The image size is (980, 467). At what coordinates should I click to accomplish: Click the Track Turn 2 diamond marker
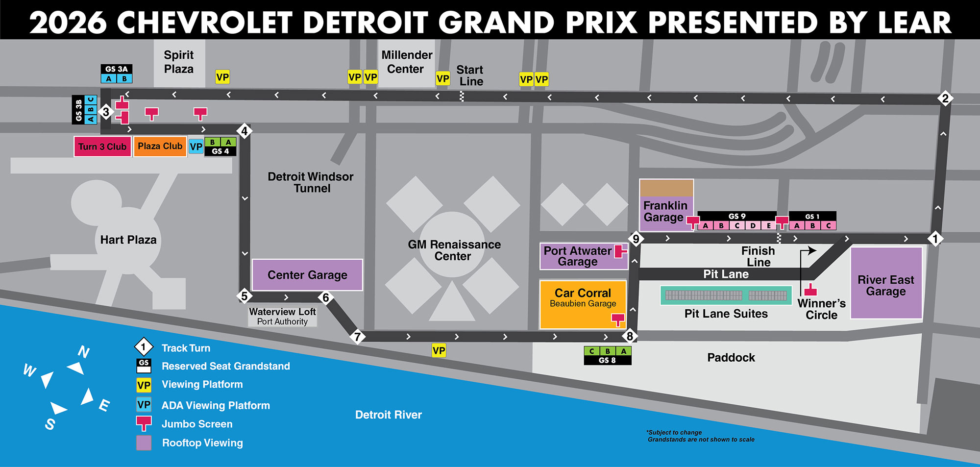click(945, 98)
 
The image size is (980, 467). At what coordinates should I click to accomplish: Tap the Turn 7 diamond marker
click(358, 337)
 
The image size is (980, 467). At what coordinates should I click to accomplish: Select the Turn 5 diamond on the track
click(244, 296)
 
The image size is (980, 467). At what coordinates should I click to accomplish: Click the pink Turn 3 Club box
click(102, 147)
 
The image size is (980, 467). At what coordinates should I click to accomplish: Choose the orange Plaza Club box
click(160, 146)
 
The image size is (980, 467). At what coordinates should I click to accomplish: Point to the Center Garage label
click(307, 275)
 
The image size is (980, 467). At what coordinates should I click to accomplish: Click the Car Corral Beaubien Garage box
click(583, 304)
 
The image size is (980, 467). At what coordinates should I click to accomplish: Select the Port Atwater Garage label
click(577, 256)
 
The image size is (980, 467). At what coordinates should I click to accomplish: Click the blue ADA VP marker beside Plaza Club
click(196, 147)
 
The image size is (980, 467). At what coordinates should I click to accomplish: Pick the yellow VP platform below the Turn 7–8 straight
click(439, 350)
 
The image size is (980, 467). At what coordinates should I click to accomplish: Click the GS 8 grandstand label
click(607, 360)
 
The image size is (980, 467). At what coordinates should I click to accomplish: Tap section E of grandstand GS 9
click(768, 225)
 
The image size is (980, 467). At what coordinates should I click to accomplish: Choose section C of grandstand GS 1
click(829, 225)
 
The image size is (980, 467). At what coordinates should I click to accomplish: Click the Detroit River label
click(388, 415)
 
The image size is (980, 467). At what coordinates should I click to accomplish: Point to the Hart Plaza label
click(128, 240)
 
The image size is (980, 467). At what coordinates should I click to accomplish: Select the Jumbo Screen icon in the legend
click(144, 423)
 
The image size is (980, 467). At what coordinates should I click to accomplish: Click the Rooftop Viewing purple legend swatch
click(144, 442)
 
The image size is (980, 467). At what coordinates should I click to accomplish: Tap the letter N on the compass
click(84, 351)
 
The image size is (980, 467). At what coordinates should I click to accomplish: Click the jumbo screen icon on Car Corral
click(618, 320)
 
